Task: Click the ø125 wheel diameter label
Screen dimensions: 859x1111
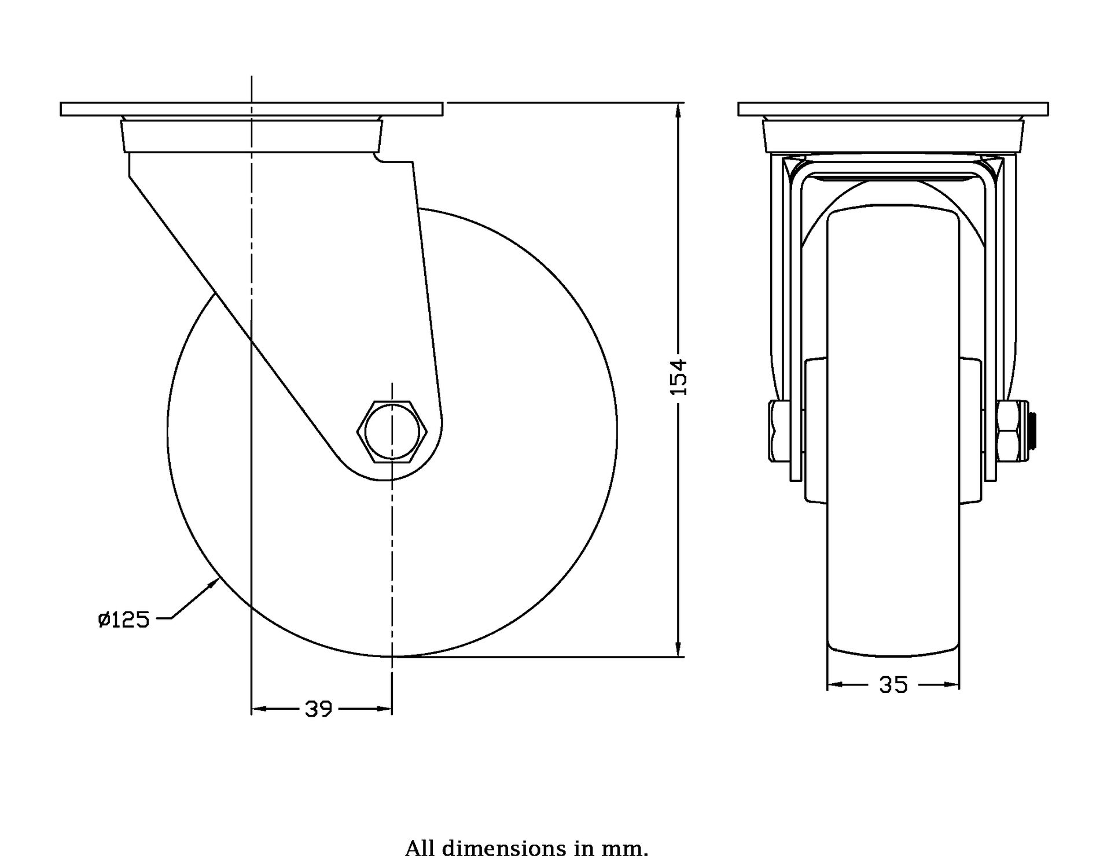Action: (x=124, y=620)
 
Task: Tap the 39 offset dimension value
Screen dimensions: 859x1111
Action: (x=319, y=709)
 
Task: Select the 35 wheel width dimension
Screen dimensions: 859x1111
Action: (x=893, y=685)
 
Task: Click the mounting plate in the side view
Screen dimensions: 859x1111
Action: (x=252, y=109)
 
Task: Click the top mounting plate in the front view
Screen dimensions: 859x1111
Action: (x=893, y=109)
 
